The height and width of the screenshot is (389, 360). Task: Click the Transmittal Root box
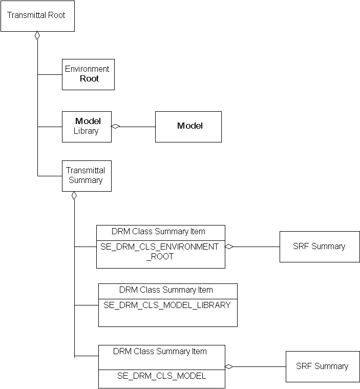(37, 16)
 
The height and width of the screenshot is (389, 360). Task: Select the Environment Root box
(88, 74)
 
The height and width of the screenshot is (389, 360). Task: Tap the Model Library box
(87, 127)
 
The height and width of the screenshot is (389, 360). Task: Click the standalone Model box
(188, 127)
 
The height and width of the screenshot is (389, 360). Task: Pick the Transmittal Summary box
(87, 176)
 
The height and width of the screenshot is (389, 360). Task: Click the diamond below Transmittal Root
(37, 36)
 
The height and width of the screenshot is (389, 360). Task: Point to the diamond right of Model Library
(116, 126)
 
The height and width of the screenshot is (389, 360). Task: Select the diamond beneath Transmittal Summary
(74, 196)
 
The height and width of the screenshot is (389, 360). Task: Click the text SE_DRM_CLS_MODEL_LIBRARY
(167, 305)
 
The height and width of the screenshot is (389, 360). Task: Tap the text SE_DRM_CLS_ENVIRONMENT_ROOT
(160, 251)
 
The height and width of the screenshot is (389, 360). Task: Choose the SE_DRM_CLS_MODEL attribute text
(161, 376)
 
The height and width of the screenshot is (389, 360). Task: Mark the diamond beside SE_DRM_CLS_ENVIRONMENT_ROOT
(229, 247)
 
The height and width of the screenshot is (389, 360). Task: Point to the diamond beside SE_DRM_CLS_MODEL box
(229, 366)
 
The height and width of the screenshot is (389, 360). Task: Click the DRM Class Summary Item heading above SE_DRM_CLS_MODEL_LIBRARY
(167, 290)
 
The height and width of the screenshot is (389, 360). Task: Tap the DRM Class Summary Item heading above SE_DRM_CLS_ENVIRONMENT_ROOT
(160, 231)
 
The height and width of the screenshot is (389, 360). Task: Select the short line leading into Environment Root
(50, 74)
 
